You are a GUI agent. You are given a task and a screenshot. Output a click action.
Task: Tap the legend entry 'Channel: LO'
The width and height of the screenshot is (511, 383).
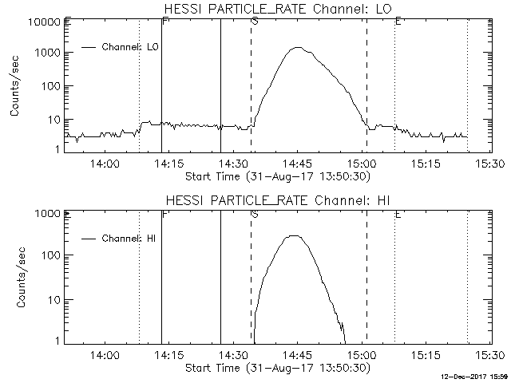(132, 47)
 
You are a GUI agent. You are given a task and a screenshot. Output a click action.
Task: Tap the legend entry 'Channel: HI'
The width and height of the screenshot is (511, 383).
(132, 238)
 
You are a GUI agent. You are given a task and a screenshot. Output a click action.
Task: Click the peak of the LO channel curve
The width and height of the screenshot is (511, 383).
(297, 48)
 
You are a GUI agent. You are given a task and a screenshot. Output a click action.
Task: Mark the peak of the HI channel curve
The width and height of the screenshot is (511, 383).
(294, 236)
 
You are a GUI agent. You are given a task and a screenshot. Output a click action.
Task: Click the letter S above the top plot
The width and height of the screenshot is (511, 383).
(254, 22)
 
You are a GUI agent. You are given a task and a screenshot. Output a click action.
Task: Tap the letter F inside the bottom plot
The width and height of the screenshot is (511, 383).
(164, 214)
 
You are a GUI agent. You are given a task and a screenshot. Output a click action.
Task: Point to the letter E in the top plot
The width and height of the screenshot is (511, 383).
(398, 22)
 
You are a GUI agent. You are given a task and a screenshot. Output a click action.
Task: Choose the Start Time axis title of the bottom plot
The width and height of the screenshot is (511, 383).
(276, 368)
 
